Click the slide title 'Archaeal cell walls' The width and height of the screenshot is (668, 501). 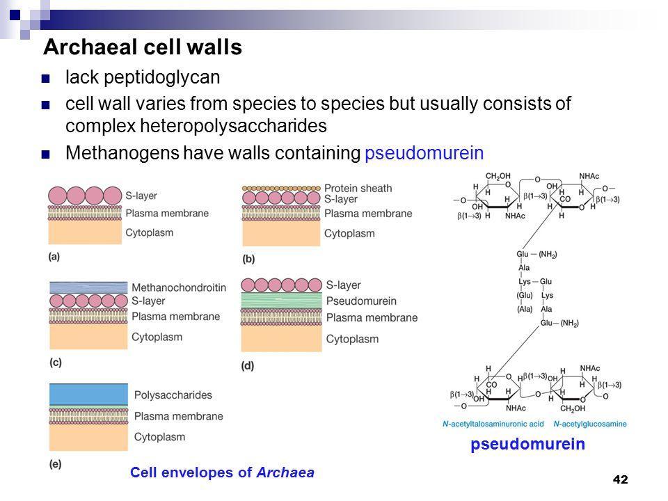[x=142, y=47]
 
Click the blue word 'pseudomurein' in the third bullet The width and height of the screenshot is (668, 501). [x=423, y=153]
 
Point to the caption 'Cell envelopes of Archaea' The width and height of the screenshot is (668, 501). [x=222, y=472]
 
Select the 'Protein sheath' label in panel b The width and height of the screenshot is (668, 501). [x=358, y=188]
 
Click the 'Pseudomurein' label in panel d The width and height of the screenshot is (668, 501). [x=361, y=301]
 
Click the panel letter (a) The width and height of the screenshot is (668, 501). [x=54, y=257]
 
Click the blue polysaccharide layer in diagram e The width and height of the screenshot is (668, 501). [x=88, y=394]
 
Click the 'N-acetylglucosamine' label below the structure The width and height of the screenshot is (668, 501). [x=589, y=424]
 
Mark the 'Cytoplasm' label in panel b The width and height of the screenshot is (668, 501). [x=350, y=233]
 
